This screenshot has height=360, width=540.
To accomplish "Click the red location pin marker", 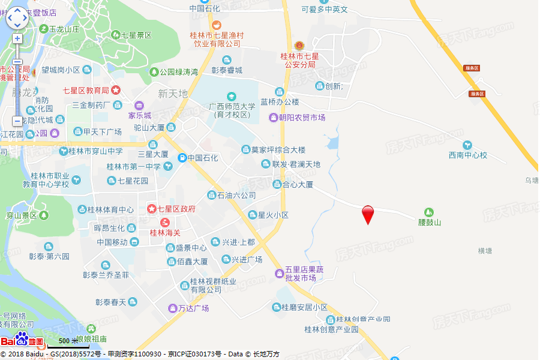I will (368, 214).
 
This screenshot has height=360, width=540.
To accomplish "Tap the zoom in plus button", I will (17, 38).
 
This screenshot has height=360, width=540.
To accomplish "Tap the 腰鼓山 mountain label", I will (429, 223).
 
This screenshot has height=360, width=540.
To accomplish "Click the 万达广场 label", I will (193, 308).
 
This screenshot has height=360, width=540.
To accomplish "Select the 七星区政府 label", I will (176, 209).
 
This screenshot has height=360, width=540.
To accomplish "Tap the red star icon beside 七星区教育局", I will (116, 90).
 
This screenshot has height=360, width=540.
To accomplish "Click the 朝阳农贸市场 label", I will (302, 118).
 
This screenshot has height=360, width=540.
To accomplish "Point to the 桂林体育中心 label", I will (110, 209).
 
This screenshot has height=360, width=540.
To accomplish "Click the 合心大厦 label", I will (298, 185).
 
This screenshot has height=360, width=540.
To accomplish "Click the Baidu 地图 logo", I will (23, 341).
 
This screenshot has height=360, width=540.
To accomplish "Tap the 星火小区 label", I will (273, 215).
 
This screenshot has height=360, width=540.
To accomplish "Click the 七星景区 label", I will (136, 35).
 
